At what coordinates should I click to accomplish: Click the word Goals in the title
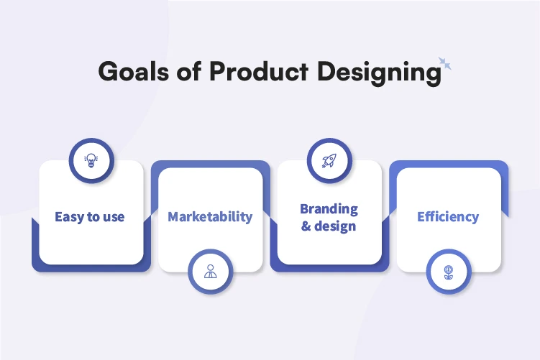pos(130,72)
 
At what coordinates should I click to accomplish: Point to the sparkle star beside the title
pos(445,65)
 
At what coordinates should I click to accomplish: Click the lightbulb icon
pos(91,160)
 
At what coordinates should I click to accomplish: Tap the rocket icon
pos(330,160)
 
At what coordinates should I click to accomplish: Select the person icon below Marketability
pos(210,272)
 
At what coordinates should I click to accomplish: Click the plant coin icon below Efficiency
pos(448,272)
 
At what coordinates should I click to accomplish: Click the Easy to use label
pos(89,216)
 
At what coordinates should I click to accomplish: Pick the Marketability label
pos(210,216)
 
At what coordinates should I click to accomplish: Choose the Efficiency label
pos(448,216)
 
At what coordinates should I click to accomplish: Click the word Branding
pos(329,208)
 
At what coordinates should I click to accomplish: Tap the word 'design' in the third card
pos(336,226)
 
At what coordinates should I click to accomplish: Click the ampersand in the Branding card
pos(306,226)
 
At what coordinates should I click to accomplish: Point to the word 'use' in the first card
pos(113,217)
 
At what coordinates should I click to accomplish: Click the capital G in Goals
pos(107,72)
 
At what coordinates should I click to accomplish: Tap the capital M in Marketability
pos(174,216)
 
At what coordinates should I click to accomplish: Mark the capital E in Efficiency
pos(421,216)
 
